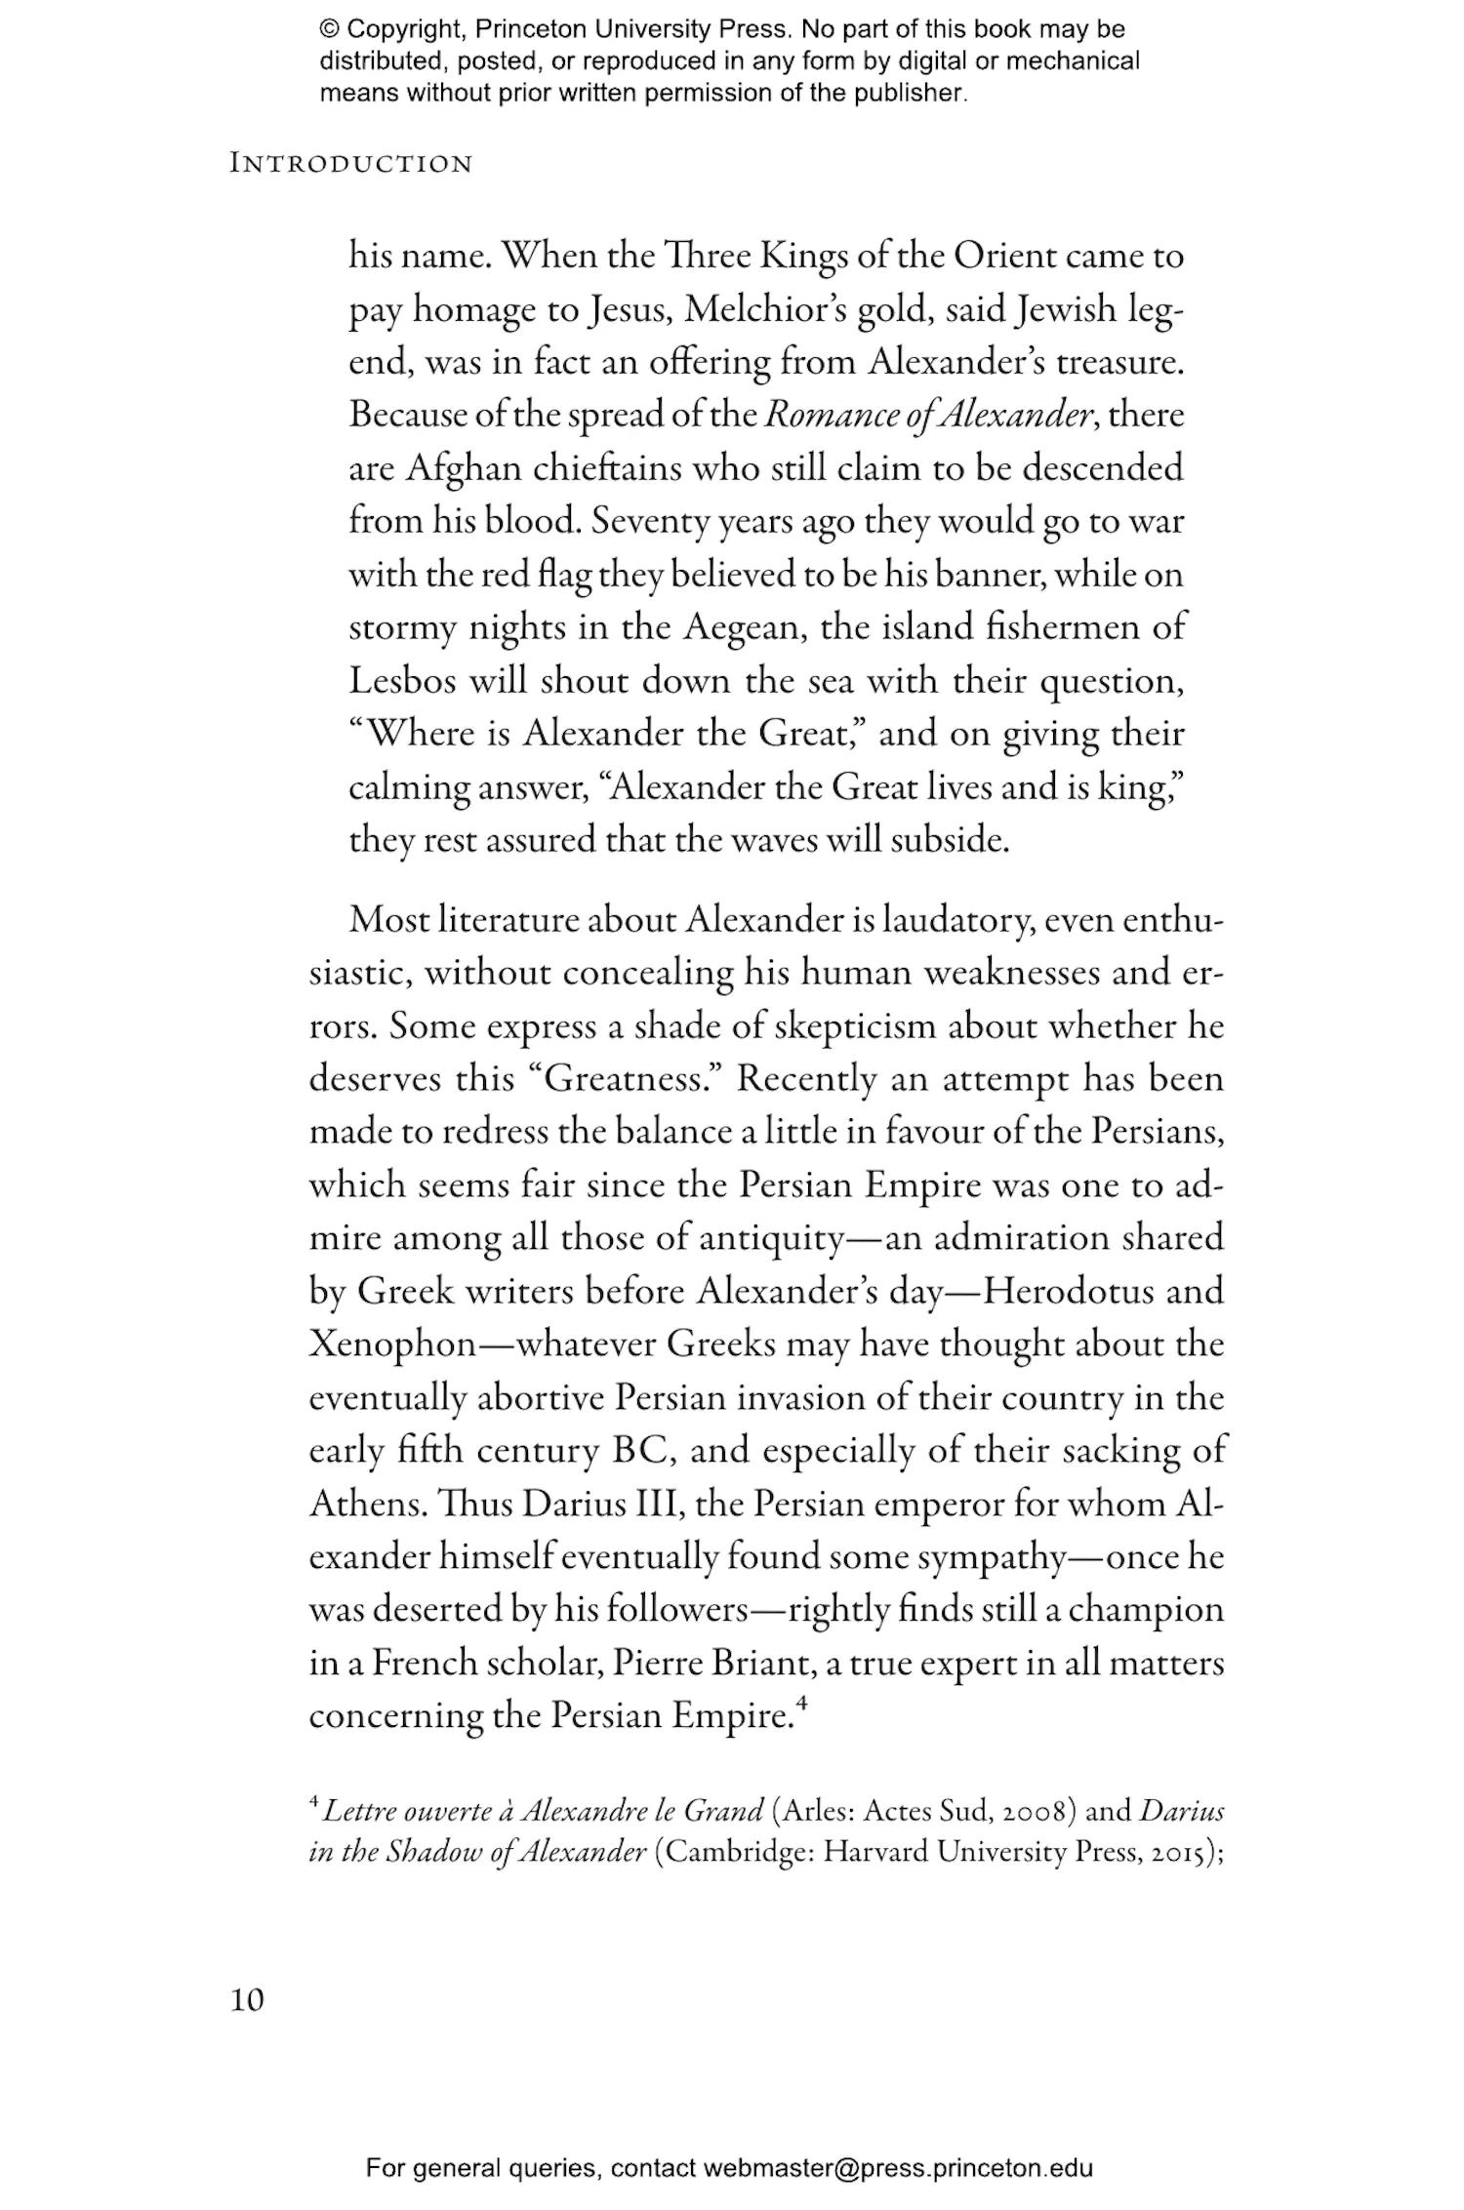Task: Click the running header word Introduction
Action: coord(350,164)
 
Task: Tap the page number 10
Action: coord(247,2000)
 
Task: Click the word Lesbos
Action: coord(402,680)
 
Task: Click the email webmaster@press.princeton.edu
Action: coord(897,2168)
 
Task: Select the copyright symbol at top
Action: coord(328,29)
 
